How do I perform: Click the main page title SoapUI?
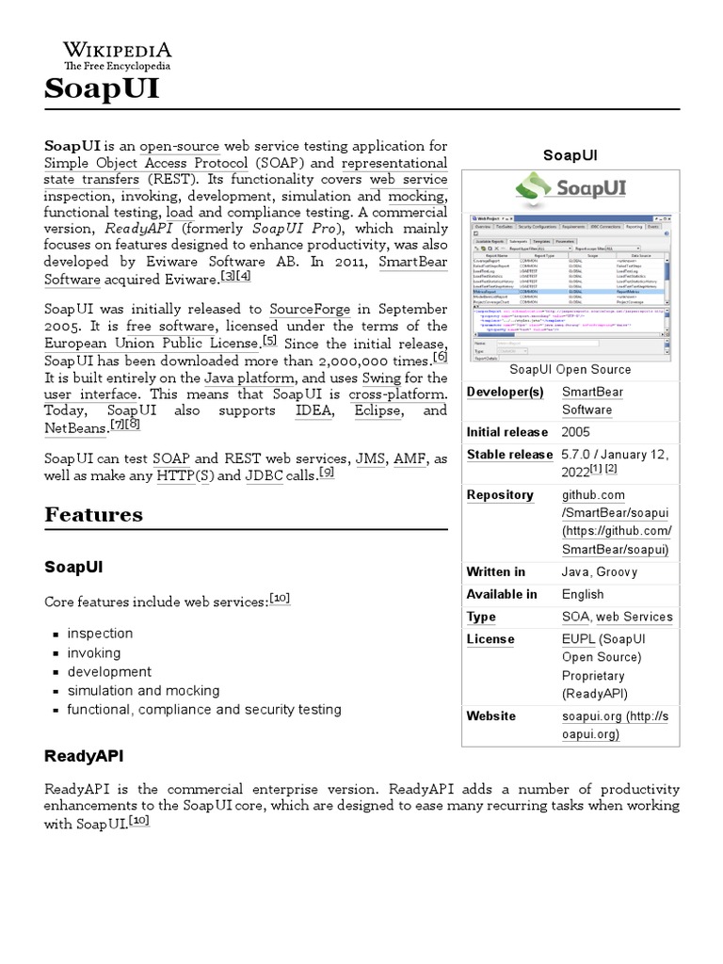tap(103, 90)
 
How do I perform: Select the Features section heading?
tap(94, 515)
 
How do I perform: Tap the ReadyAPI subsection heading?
tap(84, 756)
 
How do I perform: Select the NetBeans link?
tap(75, 428)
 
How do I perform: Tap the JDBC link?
tap(264, 475)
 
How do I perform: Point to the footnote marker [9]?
tap(327, 473)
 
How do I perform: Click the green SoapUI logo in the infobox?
tap(570, 188)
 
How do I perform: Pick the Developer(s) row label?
tap(505, 392)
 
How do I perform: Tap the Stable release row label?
tap(509, 455)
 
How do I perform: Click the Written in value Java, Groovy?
tap(600, 571)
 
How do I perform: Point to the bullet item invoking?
tap(94, 652)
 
